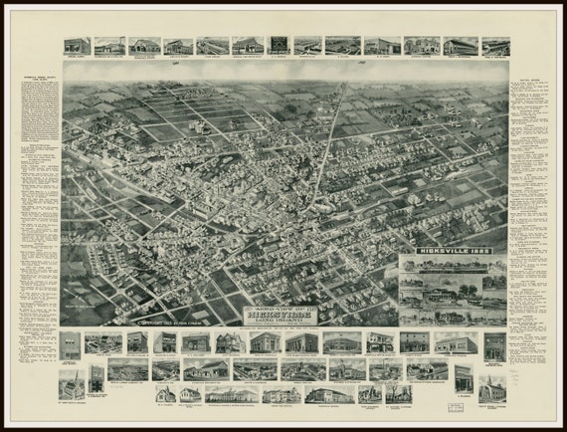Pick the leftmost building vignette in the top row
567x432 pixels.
[x=77, y=46]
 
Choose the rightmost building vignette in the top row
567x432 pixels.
[x=494, y=46]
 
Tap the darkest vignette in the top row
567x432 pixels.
[x=280, y=46]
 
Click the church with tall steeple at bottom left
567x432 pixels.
[x=72, y=383]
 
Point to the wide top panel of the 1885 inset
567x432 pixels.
[x=454, y=266]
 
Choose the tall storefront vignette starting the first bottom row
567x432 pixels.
[x=71, y=344]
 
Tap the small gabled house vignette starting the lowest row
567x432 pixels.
[x=166, y=394]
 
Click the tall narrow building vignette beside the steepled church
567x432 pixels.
[x=95, y=379]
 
